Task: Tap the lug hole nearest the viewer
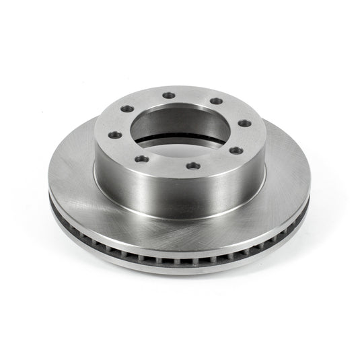(x=193, y=166)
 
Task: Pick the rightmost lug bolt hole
(x=245, y=122)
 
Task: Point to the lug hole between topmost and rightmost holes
(x=217, y=102)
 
